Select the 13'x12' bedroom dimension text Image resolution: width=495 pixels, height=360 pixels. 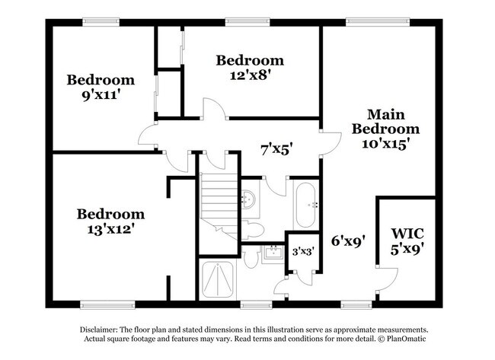pyautogui.click(x=110, y=228)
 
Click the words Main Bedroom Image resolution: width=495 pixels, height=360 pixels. pyautogui.click(x=385, y=122)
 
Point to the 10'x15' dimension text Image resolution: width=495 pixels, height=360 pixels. pyautogui.click(x=385, y=144)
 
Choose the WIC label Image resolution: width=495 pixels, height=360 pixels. pyautogui.click(x=407, y=233)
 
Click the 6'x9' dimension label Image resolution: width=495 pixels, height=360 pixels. pyautogui.click(x=347, y=241)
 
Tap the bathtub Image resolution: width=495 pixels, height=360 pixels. pyautogui.click(x=306, y=205)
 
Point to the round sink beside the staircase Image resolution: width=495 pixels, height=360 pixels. pyautogui.click(x=248, y=200)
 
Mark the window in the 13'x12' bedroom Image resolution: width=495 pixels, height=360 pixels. pyautogui.click(x=104, y=305)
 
